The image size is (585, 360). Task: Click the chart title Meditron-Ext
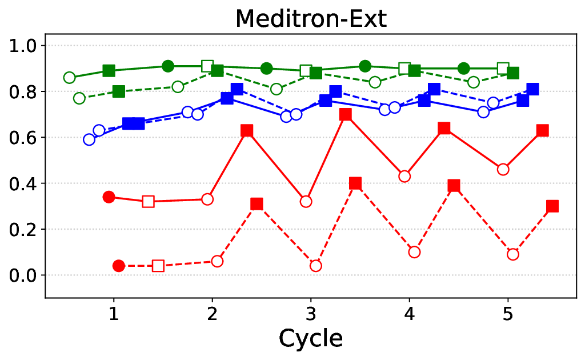coord(311,19)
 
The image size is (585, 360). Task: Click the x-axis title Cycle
coord(311,338)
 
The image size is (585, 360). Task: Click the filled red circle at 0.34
coord(109,197)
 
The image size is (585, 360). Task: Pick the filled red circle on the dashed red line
coord(119,266)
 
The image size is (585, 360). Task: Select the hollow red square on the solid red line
coord(149,201)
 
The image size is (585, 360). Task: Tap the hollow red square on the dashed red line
coord(158,266)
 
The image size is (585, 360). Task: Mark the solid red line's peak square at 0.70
coord(345,114)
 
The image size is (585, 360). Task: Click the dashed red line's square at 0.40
coord(355,183)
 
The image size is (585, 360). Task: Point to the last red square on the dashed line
coord(552,206)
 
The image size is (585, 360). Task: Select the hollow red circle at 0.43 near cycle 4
coord(404,176)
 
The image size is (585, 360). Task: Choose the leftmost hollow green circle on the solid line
coord(70,78)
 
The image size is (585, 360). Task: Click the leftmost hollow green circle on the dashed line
coord(79,98)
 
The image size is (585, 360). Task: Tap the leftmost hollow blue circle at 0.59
coord(89,139)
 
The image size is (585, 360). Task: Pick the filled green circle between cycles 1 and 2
coord(168,66)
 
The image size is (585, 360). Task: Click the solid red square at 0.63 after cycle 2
coord(247,131)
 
